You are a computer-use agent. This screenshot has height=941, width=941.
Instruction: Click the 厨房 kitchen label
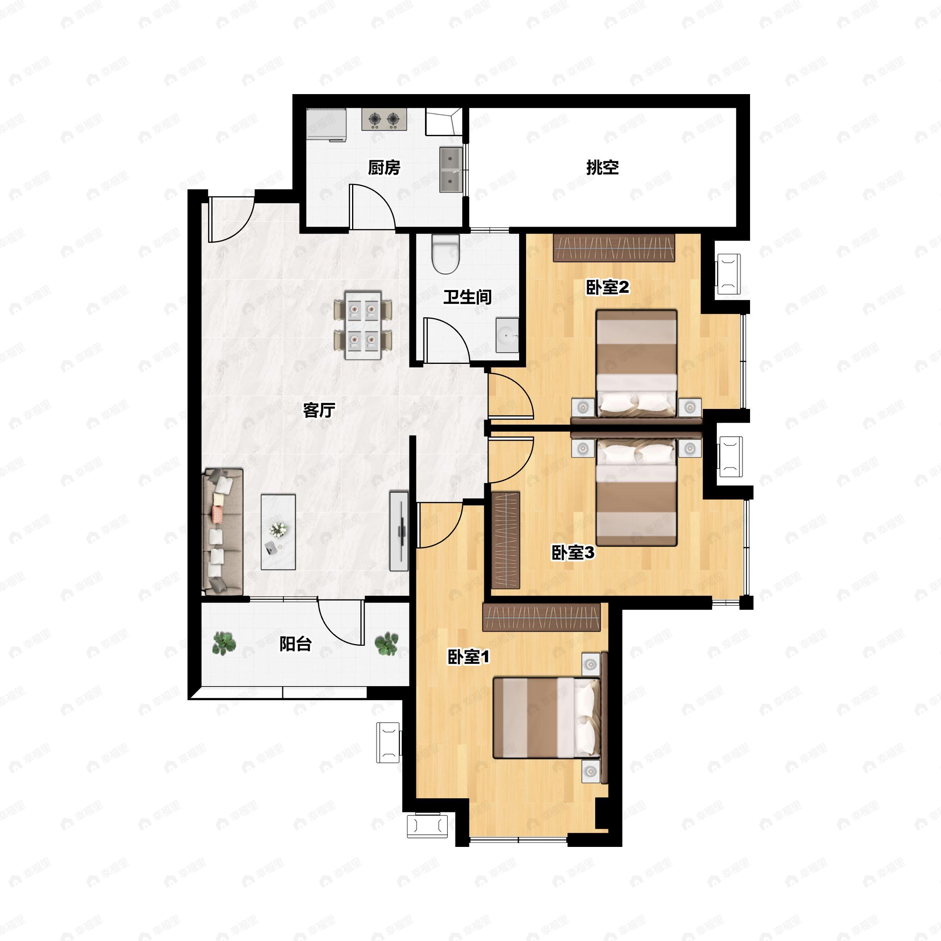point(384,167)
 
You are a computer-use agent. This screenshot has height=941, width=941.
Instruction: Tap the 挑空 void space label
point(603,167)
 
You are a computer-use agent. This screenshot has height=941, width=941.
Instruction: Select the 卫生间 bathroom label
point(467,297)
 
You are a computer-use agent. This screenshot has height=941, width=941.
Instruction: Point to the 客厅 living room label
point(319,410)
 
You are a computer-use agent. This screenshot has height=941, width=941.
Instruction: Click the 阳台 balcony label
point(296,644)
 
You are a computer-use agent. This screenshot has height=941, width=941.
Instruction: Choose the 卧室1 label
point(469,657)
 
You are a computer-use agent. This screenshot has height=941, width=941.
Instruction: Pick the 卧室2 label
point(607,287)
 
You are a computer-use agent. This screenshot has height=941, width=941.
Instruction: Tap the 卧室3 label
point(573,552)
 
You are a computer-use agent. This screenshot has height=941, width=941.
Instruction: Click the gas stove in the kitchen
point(384,119)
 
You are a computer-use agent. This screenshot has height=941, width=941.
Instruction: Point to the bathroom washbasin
point(507,335)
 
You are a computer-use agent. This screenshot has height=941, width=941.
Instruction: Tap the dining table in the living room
point(363,325)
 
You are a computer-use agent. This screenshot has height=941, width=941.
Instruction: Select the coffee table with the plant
point(278,532)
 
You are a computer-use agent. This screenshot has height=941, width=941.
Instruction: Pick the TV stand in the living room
point(399,531)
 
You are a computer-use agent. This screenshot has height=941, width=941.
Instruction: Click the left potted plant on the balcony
point(224,643)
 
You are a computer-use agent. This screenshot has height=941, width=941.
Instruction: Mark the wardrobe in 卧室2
point(614,248)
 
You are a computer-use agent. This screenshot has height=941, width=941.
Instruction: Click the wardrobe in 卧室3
point(506,540)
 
